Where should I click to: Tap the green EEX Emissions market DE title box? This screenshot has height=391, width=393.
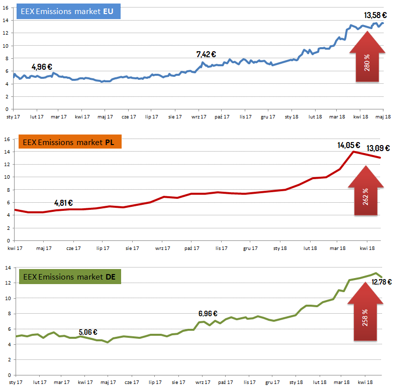point(69,277)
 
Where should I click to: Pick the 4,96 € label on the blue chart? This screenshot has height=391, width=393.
point(42,67)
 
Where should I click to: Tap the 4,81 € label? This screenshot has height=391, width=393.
point(63,203)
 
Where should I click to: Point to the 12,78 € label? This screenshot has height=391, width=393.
point(381,282)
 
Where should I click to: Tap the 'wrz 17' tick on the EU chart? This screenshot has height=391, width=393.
point(199,117)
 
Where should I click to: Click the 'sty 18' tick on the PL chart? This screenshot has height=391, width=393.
point(280,248)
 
